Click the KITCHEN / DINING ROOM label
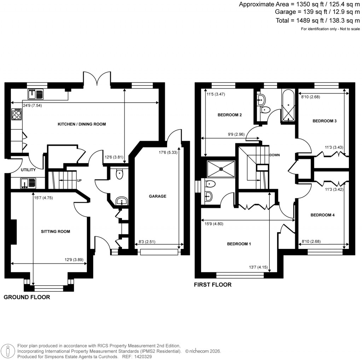tap(82, 124)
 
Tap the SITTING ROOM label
tap(56, 232)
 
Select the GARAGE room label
tap(157, 196)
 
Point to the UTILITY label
tap(28, 170)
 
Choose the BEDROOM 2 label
tap(229, 115)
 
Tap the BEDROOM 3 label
tap(325, 121)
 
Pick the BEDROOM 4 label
tap(322, 215)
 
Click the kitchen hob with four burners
tap(17, 114)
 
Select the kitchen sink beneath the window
tap(35, 94)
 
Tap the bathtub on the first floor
tap(288, 105)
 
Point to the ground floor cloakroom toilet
tap(119, 173)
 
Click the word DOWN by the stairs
tap(274, 155)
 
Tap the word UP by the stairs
tap(80, 180)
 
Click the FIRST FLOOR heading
tap(212, 285)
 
